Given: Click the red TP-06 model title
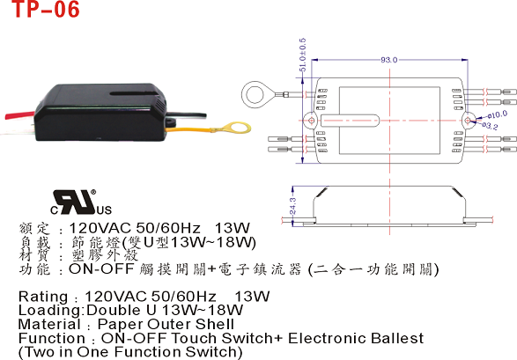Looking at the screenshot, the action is point(46,9).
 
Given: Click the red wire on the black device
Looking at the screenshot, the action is point(19,115).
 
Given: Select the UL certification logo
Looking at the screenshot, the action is point(81,202).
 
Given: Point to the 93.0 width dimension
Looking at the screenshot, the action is point(389,60).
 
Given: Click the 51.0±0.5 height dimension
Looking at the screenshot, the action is point(302,55).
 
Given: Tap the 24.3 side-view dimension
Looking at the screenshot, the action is point(292,206).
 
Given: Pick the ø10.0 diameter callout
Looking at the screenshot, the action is point(498,114).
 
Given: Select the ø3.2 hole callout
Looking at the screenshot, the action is point(490,126).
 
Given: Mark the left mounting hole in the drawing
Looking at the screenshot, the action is point(311,121).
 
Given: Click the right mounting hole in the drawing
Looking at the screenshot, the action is point(468,121).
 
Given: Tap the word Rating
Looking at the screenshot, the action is point(43,298).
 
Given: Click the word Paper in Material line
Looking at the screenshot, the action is point(121,325).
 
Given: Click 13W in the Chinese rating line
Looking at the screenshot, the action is point(233,228).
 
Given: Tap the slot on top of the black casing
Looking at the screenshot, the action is point(134,94).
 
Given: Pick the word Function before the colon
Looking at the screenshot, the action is point(52,338).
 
